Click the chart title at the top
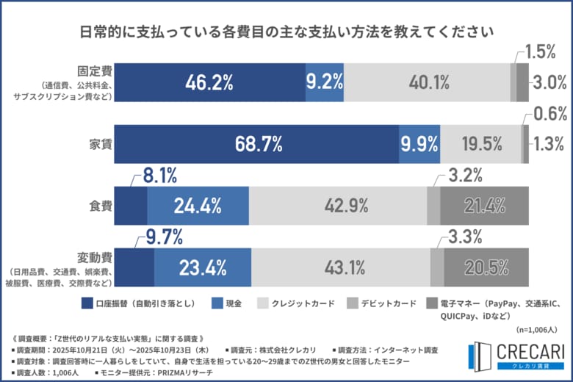pos(286,33)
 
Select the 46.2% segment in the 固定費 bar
pos(210,82)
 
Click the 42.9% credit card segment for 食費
pos(338,205)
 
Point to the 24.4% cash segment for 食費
pos(198,205)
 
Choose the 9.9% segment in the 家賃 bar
pos(419,143)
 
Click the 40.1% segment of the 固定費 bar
pos(427,82)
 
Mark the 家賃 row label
pos(101,144)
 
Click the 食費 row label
pos(101,206)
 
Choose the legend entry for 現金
pos(228,303)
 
